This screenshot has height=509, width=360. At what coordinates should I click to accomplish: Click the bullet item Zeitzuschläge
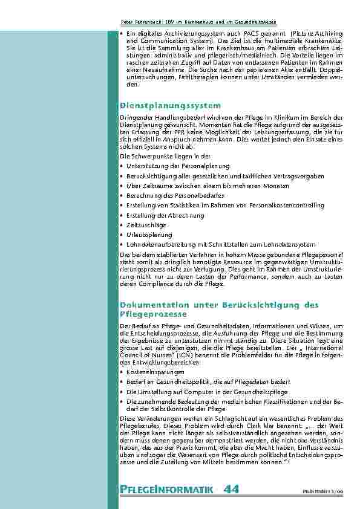(143, 225)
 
